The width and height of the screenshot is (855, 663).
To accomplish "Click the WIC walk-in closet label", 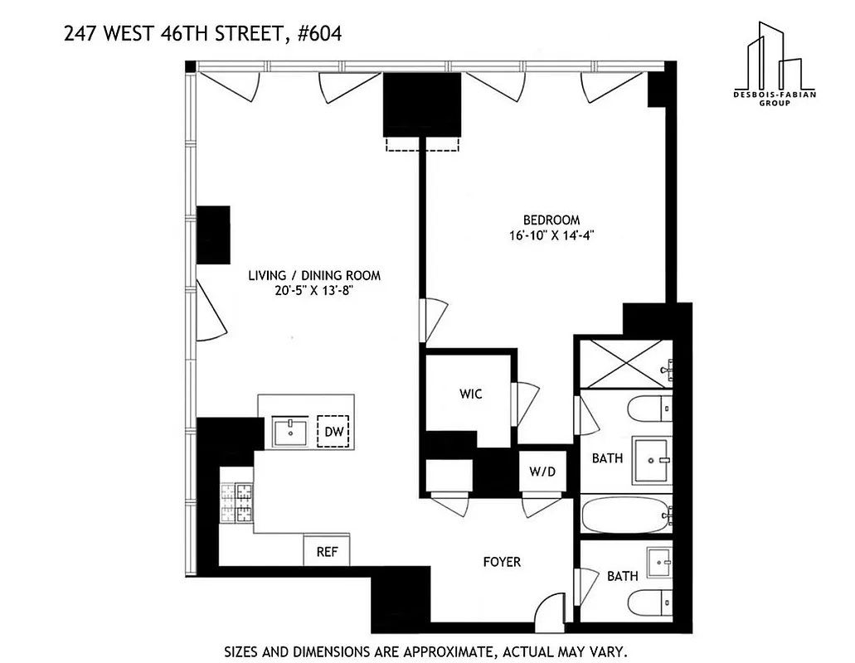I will [470, 394].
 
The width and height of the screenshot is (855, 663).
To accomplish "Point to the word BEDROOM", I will [551, 220].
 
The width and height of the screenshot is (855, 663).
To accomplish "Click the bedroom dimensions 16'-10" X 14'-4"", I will [554, 235].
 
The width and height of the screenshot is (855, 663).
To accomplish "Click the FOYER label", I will [502, 562].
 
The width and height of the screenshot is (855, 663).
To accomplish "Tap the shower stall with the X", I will [624, 363].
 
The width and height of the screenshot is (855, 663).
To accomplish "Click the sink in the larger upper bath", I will [652, 461].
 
